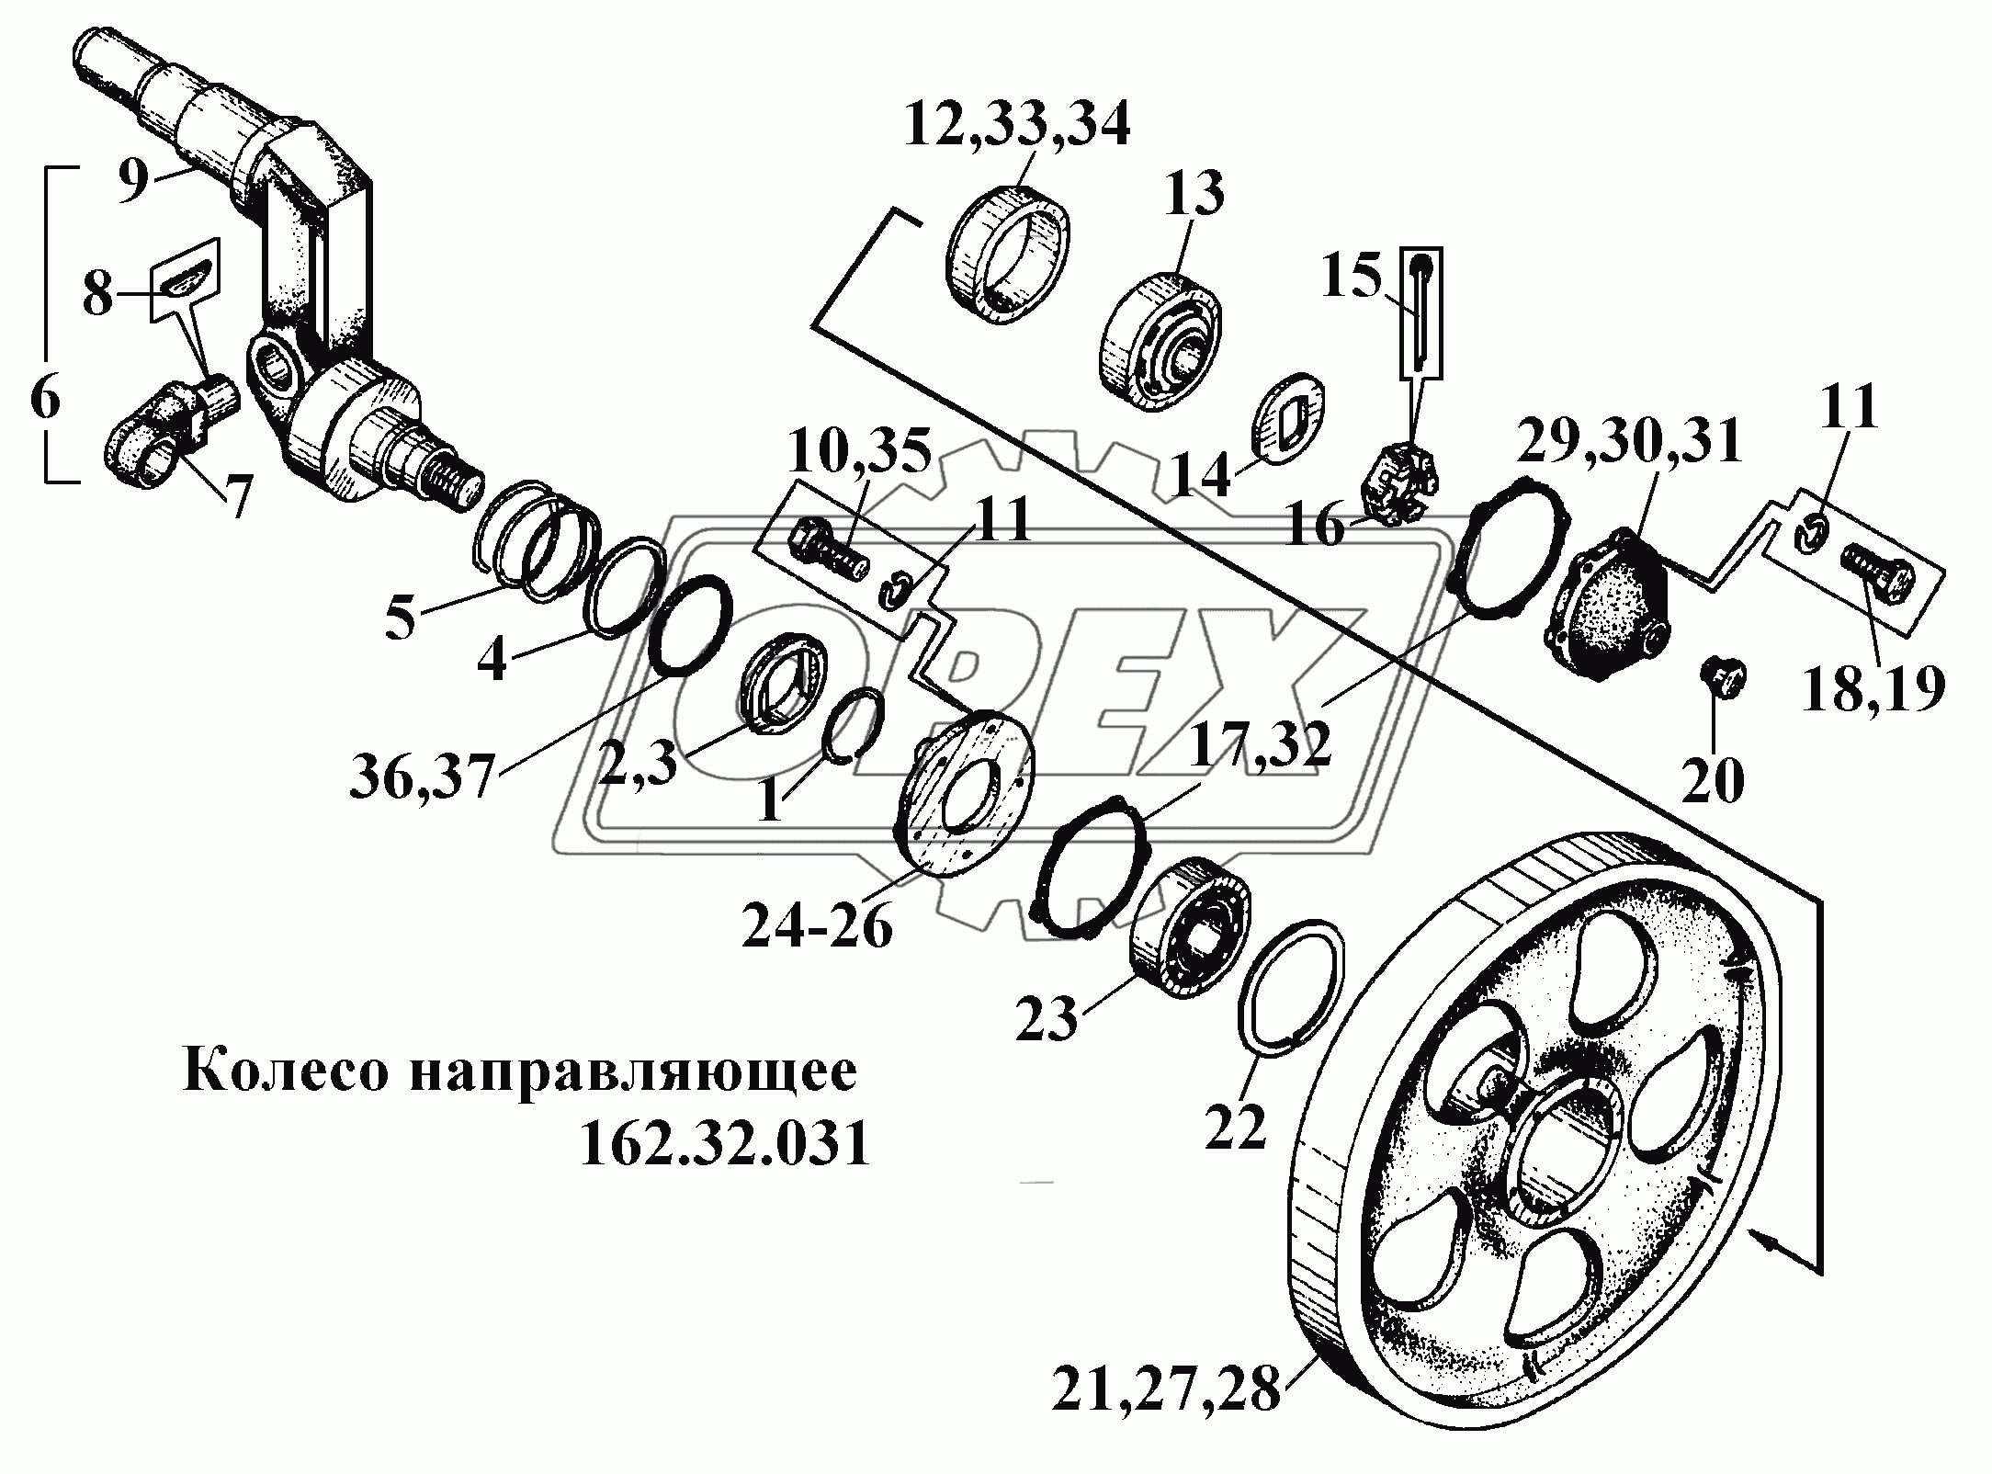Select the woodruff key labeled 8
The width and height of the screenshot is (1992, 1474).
coord(187,276)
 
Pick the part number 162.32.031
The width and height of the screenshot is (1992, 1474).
coord(724,1145)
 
